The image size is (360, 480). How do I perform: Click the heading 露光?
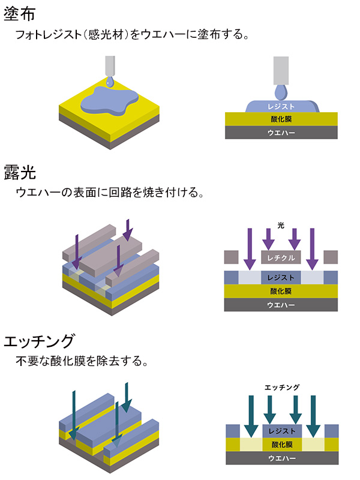[20, 174]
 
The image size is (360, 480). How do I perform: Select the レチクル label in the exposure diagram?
[281, 258]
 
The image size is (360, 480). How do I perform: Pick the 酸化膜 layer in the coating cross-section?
[281, 119]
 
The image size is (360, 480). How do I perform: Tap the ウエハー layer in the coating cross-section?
[281, 133]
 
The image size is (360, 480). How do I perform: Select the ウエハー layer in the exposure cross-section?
[281, 305]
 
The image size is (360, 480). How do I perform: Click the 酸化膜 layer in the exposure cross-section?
[281, 291]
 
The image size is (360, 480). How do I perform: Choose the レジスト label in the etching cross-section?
[281, 431]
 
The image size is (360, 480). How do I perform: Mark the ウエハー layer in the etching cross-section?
[281, 458]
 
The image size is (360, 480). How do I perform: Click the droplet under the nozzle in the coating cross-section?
[281, 91]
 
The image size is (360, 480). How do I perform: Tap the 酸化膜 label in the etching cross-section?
[281, 445]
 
